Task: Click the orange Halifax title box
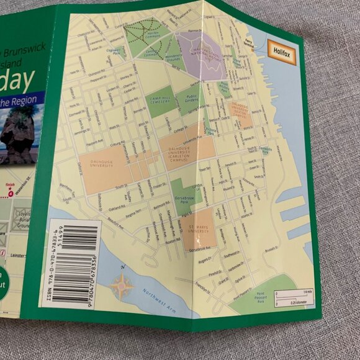coord(281,48)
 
